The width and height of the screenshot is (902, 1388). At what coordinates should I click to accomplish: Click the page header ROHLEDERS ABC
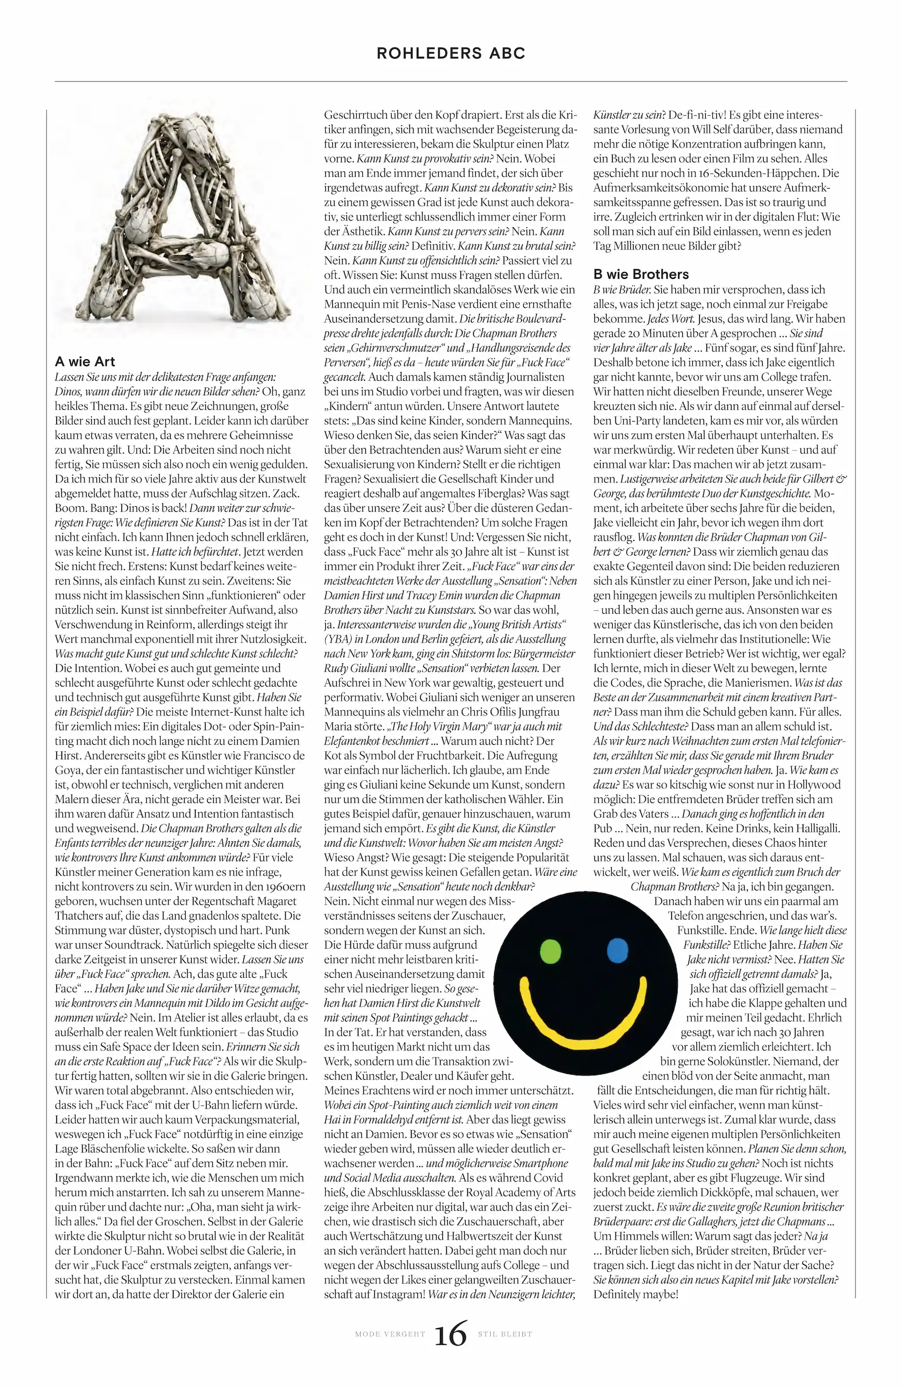(x=450, y=53)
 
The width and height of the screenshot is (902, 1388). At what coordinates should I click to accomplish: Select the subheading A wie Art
(x=85, y=362)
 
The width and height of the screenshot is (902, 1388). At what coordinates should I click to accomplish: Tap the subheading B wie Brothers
(x=641, y=274)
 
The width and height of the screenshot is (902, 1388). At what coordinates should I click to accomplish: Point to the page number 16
(x=450, y=1334)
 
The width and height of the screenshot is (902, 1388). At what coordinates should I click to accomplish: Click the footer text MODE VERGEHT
(x=390, y=1334)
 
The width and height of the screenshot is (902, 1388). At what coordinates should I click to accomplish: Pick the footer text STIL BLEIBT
(x=505, y=1334)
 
